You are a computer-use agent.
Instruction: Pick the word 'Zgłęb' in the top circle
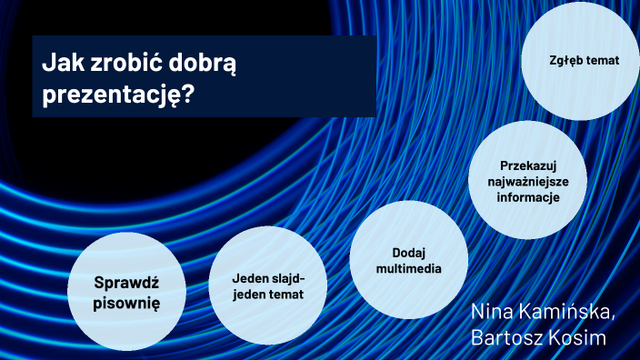point(566,61)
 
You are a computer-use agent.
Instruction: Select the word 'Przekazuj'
point(527,166)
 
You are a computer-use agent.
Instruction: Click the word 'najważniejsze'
point(527,182)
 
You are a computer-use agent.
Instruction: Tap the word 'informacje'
point(527,197)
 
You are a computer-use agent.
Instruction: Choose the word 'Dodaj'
point(409,253)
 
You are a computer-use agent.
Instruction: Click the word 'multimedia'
point(409,269)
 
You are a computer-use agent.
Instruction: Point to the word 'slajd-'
point(288,278)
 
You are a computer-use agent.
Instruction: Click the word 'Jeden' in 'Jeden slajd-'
point(249,278)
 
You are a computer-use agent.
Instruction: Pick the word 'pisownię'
point(126,302)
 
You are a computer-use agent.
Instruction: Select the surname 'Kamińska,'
point(572,311)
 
